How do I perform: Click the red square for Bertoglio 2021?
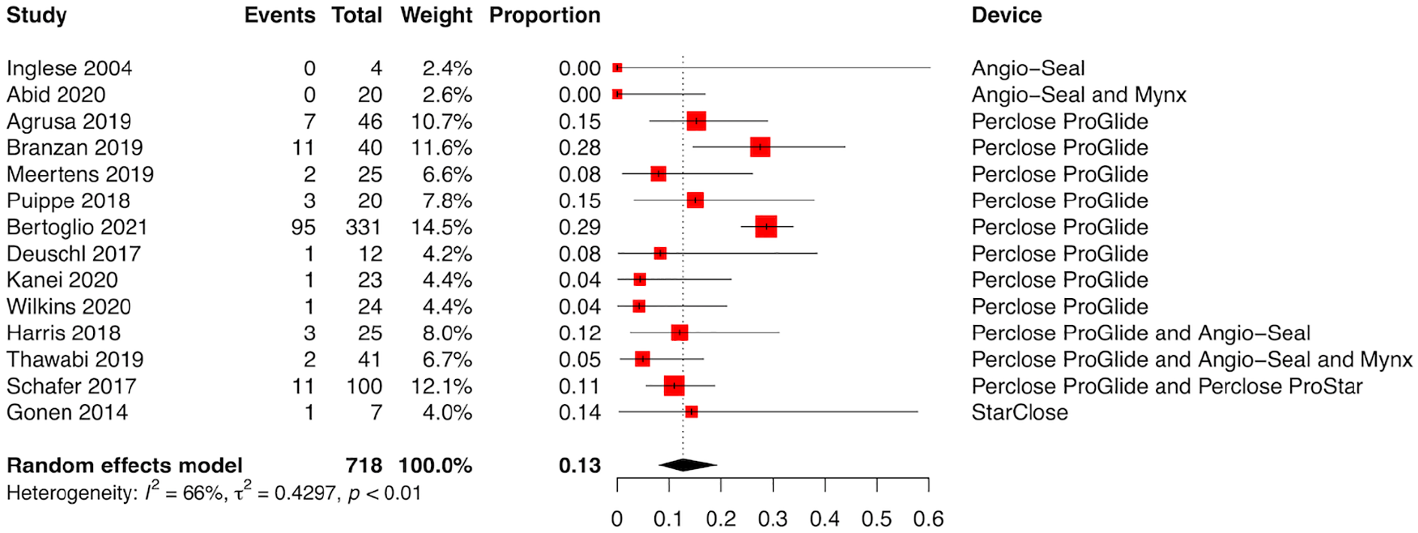click(x=766, y=227)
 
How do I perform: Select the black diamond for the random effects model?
click(x=687, y=465)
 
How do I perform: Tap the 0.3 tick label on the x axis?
click(x=773, y=519)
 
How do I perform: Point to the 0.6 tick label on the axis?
click(x=928, y=519)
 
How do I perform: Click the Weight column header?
click(x=436, y=16)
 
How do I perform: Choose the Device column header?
click(x=1006, y=16)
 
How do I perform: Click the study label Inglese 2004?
click(x=69, y=68)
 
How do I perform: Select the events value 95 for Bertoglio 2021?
click(x=303, y=227)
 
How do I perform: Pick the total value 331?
click(x=364, y=227)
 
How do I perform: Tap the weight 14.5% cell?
click(x=442, y=227)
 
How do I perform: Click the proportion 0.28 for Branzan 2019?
click(x=580, y=148)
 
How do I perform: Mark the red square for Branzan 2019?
click(x=760, y=147)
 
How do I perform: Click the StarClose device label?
click(x=1019, y=413)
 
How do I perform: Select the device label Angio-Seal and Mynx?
click(x=1079, y=95)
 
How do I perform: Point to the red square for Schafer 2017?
click(x=674, y=386)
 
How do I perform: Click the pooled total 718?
click(x=364, y=466)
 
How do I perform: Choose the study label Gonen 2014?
click(x=68, y=413)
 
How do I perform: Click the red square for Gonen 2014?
click(x=692, y=412)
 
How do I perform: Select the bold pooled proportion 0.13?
click(x=580, y=466)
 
